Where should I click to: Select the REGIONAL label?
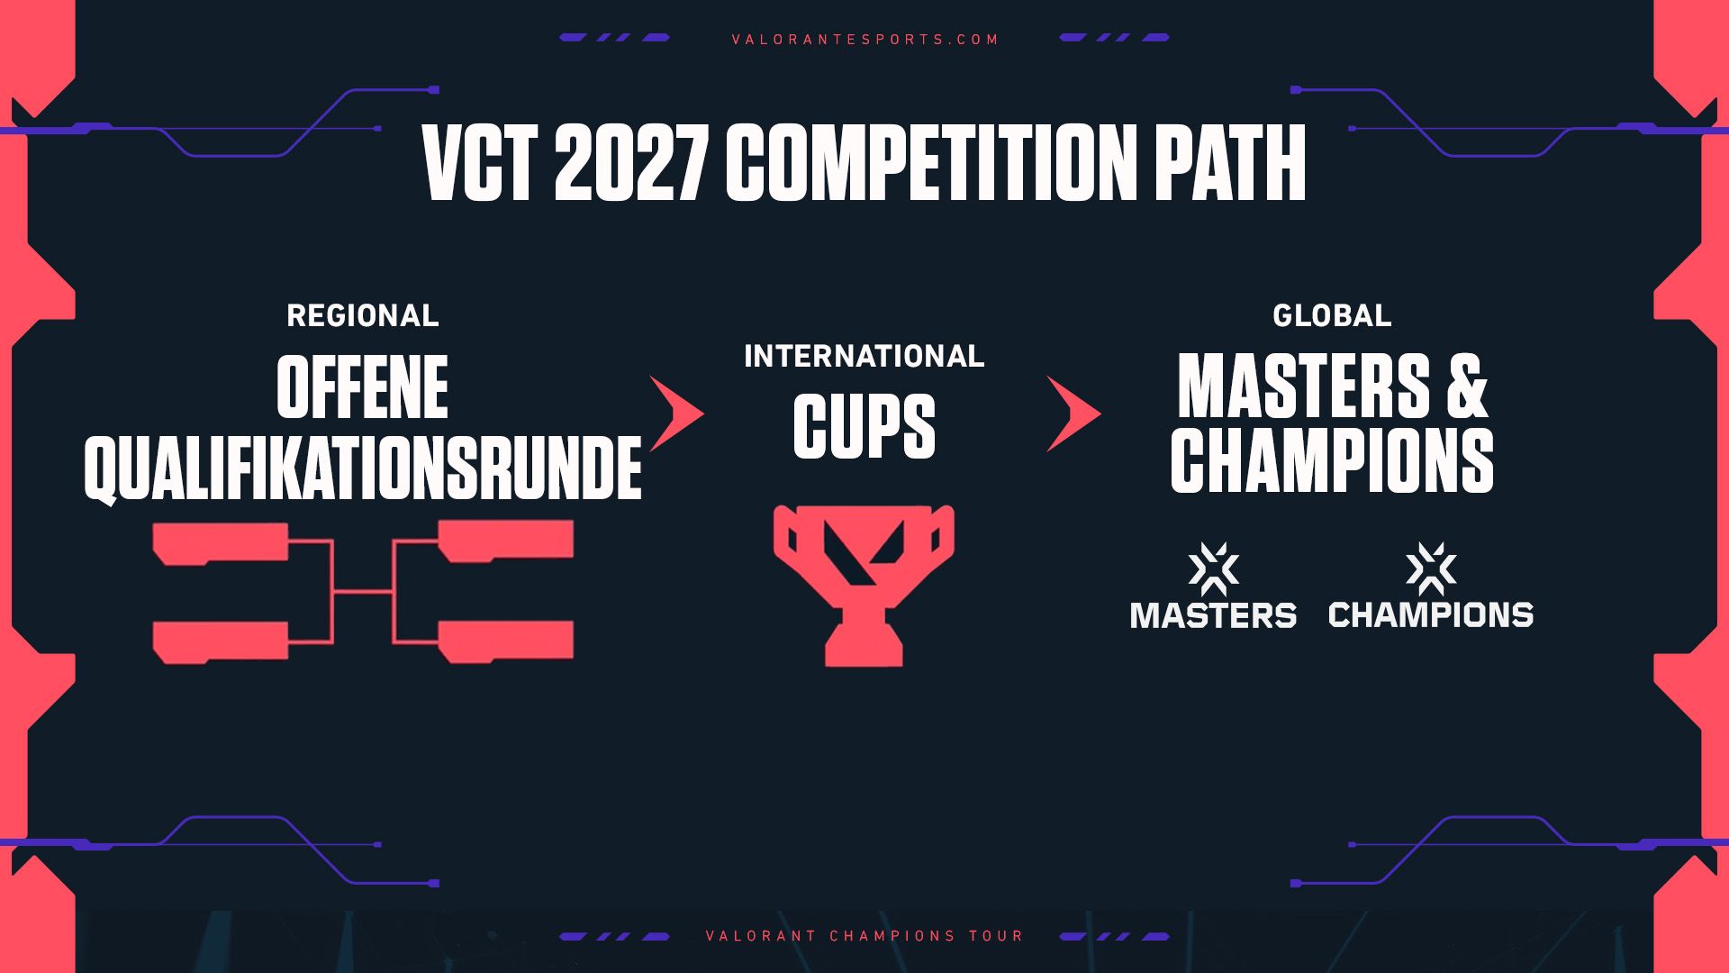pos(363,315)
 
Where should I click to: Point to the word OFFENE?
pos(362,387)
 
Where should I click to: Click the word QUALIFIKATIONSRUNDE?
pos(363,468)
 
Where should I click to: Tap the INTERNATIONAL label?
pos(864,357)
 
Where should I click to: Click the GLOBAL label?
pos(1332,315)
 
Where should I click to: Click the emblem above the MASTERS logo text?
pos(1213,568)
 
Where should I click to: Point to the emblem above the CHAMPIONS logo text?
pos(1431,568)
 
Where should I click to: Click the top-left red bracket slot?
pos(221,543)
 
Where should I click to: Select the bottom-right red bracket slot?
pos(506,641)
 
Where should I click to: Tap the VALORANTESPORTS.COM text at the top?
pos(865,40)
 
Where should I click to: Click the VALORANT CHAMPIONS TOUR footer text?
pos(865,936)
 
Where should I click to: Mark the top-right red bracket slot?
pos(506,541)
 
